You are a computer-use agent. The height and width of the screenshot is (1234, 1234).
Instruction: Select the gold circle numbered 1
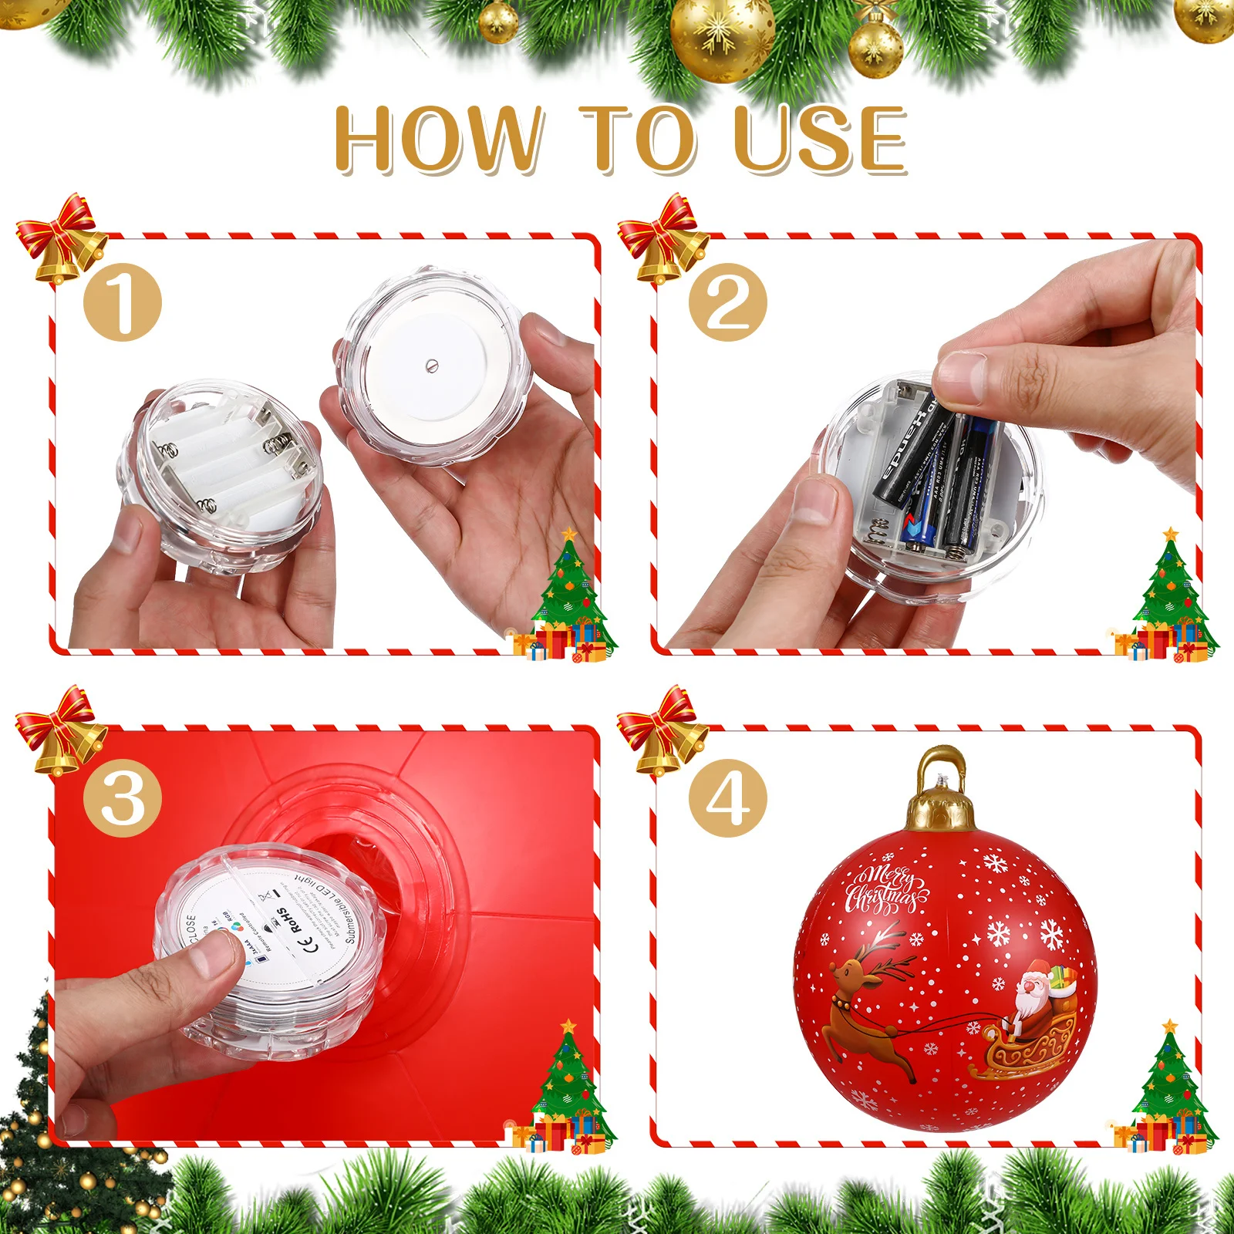click(x=122, y=302)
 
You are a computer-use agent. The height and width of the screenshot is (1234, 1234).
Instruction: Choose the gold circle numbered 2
click(x=727, y=302)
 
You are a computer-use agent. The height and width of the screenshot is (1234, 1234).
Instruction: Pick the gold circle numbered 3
click(x=122, y=797)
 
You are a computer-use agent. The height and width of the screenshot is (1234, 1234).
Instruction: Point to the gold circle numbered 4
click(x=727, y=797)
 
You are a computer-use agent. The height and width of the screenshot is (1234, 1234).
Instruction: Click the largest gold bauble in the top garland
click(x=722, y=35)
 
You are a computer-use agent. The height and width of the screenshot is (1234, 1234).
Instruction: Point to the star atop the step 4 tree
click(x=1170, y=1026)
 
